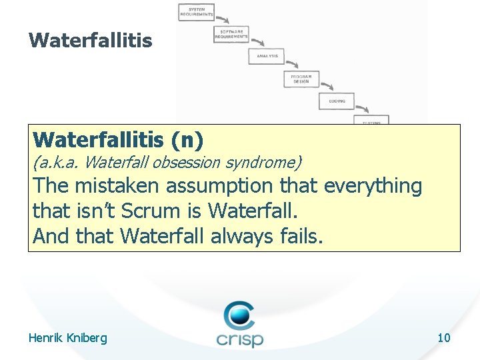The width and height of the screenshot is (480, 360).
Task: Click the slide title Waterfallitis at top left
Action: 90,41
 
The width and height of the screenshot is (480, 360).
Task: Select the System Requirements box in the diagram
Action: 196,12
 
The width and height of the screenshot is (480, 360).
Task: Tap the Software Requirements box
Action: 231,34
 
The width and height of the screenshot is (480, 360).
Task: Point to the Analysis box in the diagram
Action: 267,56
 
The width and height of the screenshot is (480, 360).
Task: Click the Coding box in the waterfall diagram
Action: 337,101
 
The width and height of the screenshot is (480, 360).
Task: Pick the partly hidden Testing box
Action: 371,122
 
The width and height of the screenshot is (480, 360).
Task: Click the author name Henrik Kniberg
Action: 67,338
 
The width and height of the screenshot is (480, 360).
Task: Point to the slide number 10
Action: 444,338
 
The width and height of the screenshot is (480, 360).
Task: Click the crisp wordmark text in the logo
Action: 239,339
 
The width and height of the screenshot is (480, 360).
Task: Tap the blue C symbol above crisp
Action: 239,313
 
